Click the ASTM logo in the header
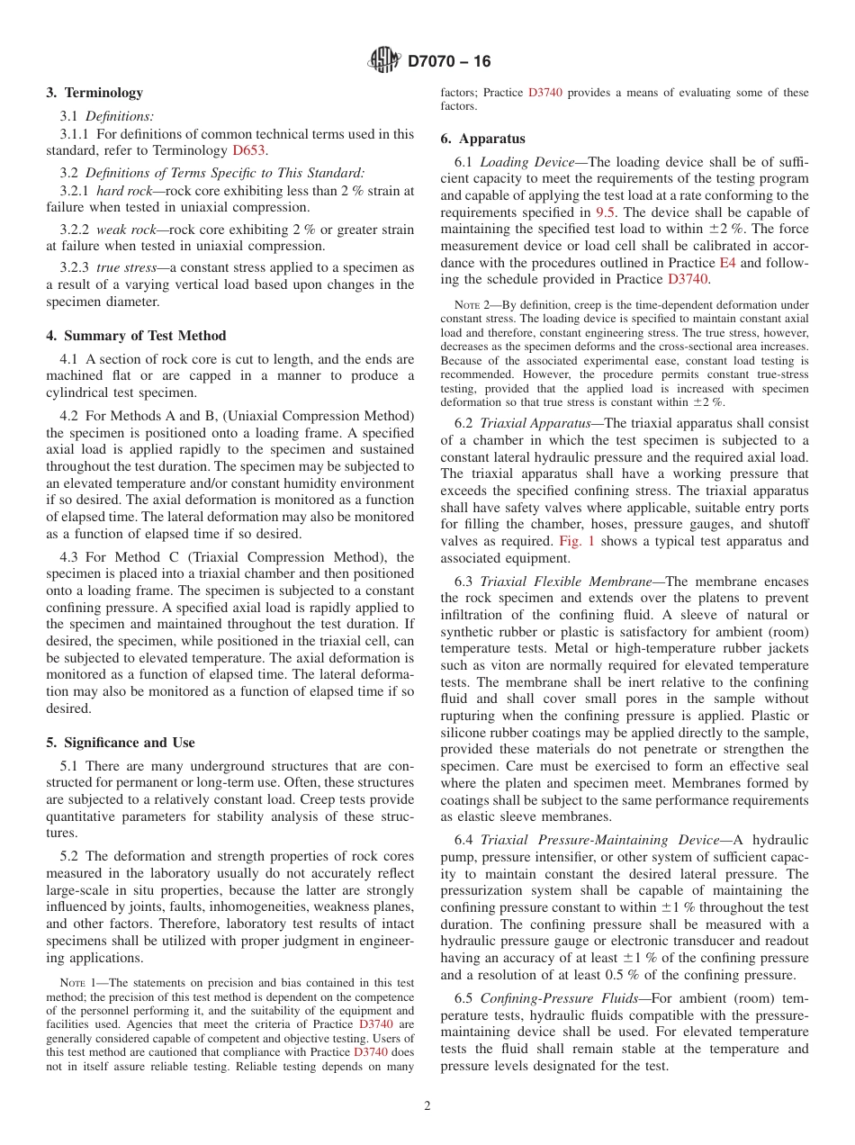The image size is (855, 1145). pos(384,61)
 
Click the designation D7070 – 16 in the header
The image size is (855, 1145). pos(449,62)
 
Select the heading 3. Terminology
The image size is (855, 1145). pos(94,93)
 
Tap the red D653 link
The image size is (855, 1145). pos(248,150)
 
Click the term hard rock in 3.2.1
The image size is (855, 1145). pos(121,191)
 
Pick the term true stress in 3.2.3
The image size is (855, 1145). pos(122,268)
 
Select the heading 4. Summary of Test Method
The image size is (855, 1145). pos(136,336)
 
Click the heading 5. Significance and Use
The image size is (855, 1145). pos(120,743)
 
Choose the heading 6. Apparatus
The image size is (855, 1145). pos(482,139)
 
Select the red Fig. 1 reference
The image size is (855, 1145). pos(576,541)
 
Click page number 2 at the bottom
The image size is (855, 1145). pos(427,1106)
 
